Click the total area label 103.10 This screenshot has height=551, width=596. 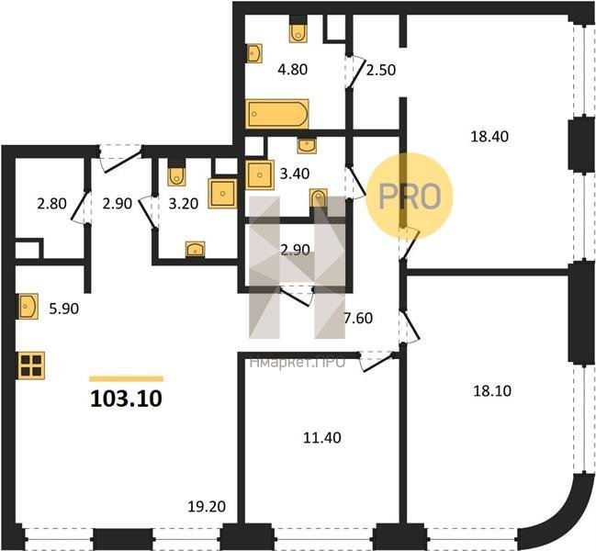coord(126,399)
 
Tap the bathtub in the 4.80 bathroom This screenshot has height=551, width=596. coord(277,114)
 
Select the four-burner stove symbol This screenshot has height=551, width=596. coord(31,365)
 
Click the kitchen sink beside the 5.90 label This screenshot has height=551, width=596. coord(28,306)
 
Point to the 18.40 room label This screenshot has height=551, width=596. coord(489,136)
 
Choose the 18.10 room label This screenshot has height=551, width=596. coord(492,390)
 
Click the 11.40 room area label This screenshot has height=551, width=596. coord(322,438)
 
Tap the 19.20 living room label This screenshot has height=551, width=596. coord(207,506)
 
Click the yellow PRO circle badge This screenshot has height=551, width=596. coord(410,197)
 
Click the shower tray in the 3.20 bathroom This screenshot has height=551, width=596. coord(222,194)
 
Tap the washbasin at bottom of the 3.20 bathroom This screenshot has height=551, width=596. coord(196,250)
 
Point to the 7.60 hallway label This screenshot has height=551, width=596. coord(358,318)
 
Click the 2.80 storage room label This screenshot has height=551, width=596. coord(51,203)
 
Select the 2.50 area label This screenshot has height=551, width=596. coord(381,70)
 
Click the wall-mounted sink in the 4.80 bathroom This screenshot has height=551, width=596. coord(254,53)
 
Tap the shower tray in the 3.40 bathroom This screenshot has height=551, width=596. coord(260,174)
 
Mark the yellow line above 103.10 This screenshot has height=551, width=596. coord(126,378)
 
